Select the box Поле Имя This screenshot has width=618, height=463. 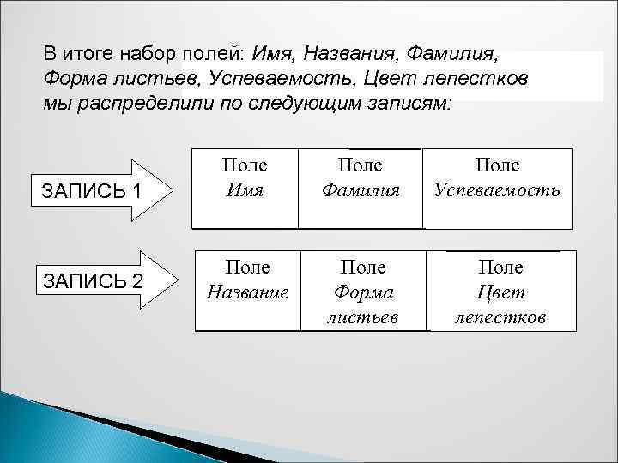tap(244, 189)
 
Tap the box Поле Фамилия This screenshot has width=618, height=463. tap(360, 189)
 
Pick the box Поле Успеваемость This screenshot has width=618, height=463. tap(499, 189)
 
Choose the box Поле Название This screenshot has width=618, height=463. tap(248, 291)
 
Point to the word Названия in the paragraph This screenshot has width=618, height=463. tap(339, 53)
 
